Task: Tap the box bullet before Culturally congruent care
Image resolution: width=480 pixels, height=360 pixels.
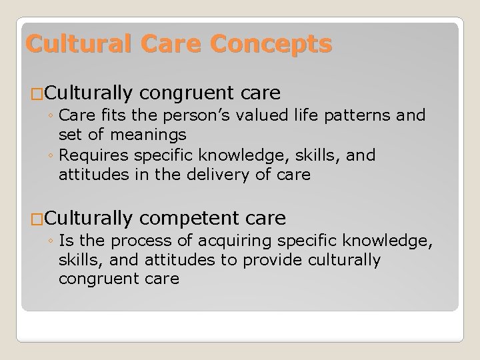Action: coord(27,92)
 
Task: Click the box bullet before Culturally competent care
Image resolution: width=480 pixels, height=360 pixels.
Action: coord(27,219)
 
